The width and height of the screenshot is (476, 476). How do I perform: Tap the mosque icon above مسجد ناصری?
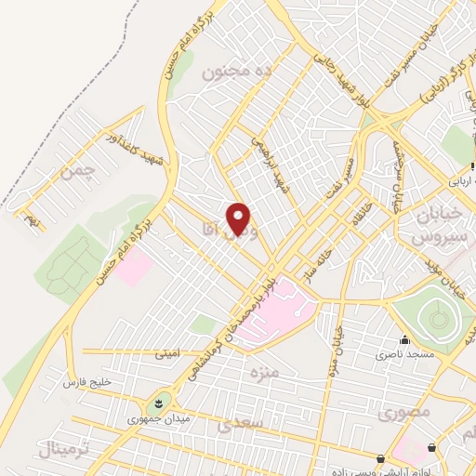pos(403,340)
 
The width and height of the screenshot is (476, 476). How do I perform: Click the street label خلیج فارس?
pos(86,382)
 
